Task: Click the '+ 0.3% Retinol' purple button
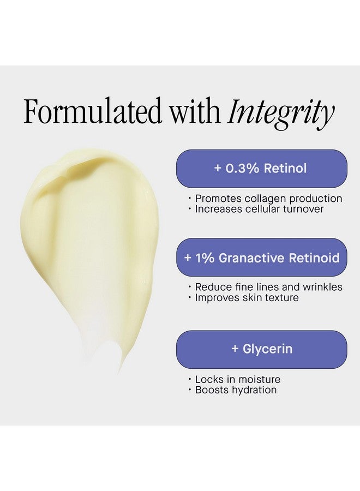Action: click(261, 169)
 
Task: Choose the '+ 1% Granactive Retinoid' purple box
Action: click(261, 258)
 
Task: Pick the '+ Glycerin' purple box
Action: click(261, 349)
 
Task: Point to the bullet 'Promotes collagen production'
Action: click(268, 199)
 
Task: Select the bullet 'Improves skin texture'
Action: click(247, 298)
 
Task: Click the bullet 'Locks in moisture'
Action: click(237, 379)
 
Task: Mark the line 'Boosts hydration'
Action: click(236, 390)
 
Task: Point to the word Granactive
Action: click(249, 258)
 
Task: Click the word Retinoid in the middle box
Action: click(310, 258)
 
